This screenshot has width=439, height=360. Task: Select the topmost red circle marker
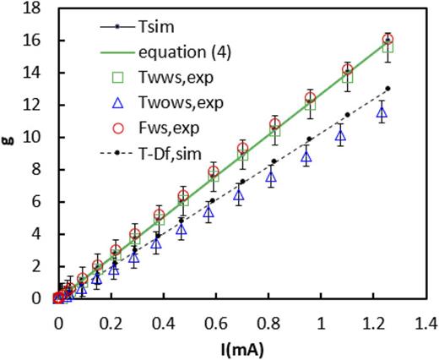click(x=388, y=40)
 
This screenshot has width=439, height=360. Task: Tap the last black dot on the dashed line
click(x=388, y=89)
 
